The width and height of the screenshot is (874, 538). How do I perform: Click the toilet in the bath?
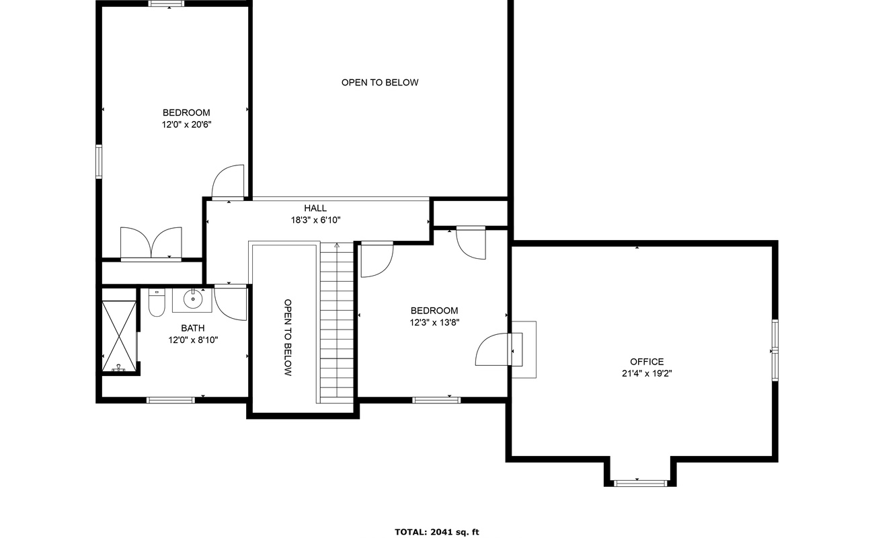[x=157, y=303]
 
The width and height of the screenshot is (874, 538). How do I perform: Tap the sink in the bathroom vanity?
[x=193, y=299]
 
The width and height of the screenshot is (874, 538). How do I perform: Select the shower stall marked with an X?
[x=119, y=336]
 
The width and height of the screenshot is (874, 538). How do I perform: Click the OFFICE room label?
[x=647, y=362]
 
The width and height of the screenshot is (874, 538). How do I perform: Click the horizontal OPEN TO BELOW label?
[x=380, y=83]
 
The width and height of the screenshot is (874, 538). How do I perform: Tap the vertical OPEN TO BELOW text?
[x=288, y=338]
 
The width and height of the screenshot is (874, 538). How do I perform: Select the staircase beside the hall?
[x=336, y=323]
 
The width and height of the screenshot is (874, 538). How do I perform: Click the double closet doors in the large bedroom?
[x=151, y=243]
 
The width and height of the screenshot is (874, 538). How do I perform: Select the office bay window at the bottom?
[x=640, y=482]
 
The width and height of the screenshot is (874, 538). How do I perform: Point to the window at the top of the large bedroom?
[x=167, y=3]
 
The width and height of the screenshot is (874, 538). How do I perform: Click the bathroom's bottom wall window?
[x=171, y=400]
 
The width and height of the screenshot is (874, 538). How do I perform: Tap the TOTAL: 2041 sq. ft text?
[x=436, y=532]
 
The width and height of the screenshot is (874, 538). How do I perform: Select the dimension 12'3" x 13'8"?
[x=434, y=322]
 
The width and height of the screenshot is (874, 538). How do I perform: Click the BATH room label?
[x=192, y=328]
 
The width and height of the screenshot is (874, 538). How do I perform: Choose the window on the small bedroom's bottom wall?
[x=436, y=400]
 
